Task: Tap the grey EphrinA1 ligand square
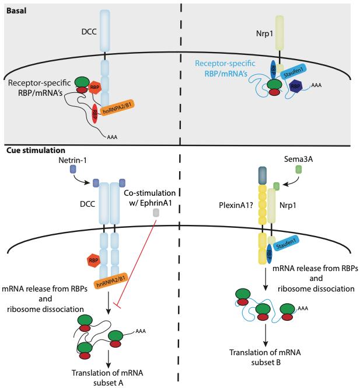(156, 213)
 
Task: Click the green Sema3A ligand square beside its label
(298, 170)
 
